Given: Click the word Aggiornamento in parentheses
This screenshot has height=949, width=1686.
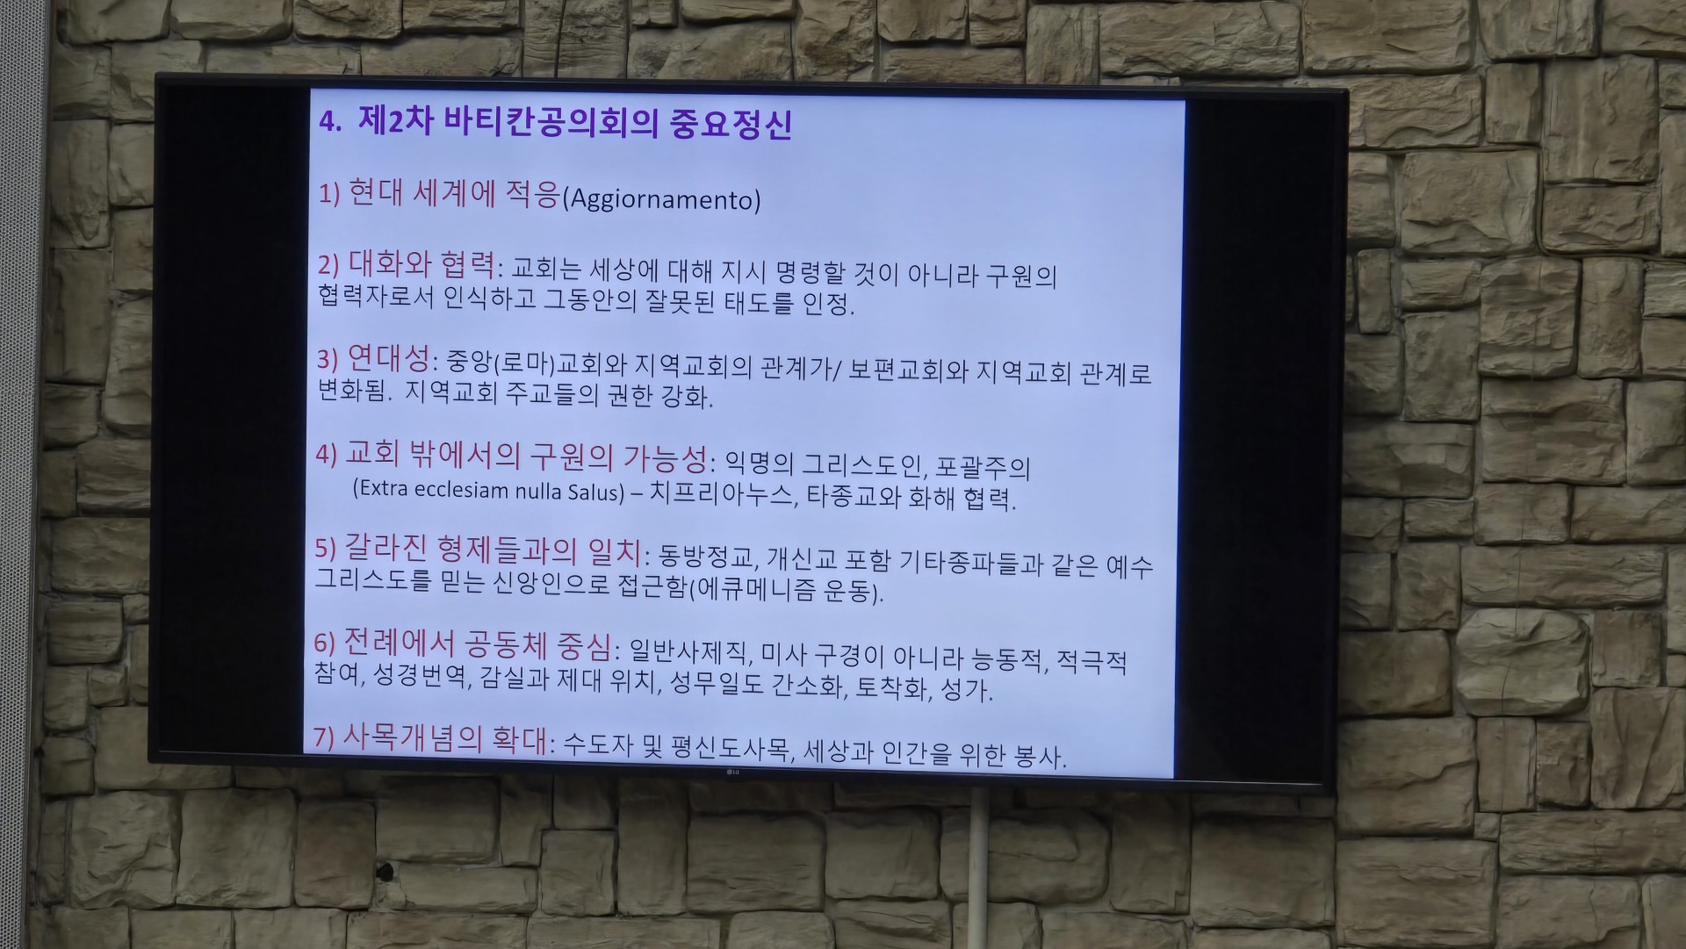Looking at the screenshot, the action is [x=664, y=200].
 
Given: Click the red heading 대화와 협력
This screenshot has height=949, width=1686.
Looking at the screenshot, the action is [x=421, y=263].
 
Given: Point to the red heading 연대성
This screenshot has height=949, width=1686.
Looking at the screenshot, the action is [x=389, y=357].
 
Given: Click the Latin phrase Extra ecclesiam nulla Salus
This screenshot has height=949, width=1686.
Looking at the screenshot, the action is [x=488, y=490].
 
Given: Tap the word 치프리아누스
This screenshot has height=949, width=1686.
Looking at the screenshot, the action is [x=723, y=493].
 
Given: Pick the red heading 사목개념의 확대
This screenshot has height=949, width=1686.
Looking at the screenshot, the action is [x=445, y=738].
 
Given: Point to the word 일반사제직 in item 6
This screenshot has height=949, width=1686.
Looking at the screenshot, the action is [x=689, y=652].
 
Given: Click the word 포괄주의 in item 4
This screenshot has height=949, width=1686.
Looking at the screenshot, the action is [x=983, y=465].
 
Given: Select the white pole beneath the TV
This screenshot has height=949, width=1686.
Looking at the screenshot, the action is [x=977, y=868].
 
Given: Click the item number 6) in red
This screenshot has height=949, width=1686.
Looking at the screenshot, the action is [x=325, y=643].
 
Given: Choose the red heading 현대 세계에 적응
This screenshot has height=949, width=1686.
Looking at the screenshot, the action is [x=454, y=192].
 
